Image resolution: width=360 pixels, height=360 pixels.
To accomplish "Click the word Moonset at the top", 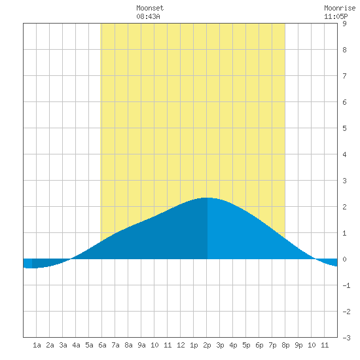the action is [x=150, y=8].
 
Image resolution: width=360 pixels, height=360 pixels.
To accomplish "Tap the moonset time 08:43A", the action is [x=148, y=16].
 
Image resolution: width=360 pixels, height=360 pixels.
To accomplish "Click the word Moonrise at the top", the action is [x=340, y=8].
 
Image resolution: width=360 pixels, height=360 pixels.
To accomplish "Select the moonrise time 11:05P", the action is [x=336, y=16].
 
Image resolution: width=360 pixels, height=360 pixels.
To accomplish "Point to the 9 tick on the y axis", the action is [x=344, y=24].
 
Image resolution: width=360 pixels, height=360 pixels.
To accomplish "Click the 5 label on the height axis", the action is [x=344, y=128].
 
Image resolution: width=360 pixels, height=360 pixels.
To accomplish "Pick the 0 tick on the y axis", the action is [x=344, y=259].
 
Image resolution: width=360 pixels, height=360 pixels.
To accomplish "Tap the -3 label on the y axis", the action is [x=346, y=338].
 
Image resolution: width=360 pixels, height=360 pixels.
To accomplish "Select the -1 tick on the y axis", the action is [x=346, y=285].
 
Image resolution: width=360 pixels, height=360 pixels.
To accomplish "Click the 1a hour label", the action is [x=37, y=345].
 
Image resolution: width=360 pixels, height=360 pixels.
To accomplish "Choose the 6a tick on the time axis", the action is [x=102, y=345].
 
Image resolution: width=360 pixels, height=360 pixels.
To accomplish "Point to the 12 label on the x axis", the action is [x=181, y=345].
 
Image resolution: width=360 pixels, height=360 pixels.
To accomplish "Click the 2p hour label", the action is [x=207, y=345].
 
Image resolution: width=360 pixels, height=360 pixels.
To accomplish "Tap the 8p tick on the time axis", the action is [x=285, y=345].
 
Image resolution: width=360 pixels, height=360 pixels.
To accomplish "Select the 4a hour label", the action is [x=76, y=345].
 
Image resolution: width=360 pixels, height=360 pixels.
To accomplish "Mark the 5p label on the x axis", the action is [x=246, y=345].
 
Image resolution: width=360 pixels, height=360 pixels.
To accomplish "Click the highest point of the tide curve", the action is [x=206, y=198].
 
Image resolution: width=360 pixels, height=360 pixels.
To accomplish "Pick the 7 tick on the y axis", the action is [x=344, y=76].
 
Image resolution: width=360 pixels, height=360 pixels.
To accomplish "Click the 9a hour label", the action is [x=141, y=345].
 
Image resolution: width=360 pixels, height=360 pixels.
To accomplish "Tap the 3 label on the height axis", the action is [x=344, y=181].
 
